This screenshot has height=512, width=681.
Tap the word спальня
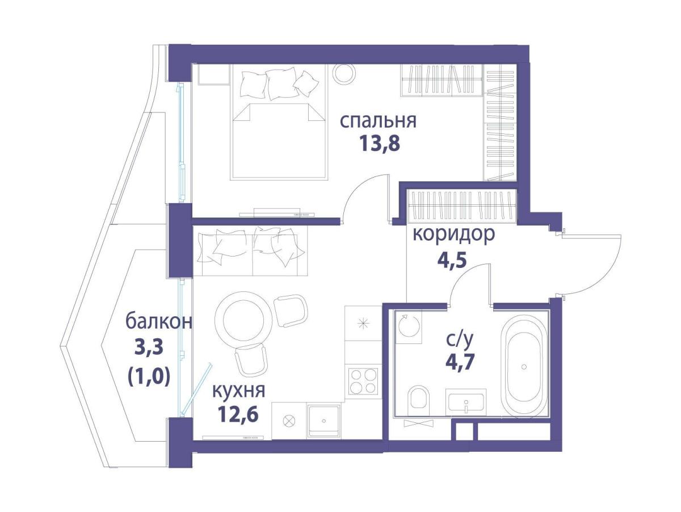378,121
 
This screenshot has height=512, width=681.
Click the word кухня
238,391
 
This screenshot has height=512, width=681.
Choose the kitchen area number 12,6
238,415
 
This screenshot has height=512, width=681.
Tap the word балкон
159,322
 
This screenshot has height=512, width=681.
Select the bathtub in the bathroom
524,367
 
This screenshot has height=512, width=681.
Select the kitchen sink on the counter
323,421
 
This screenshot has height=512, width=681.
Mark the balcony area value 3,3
149,347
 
